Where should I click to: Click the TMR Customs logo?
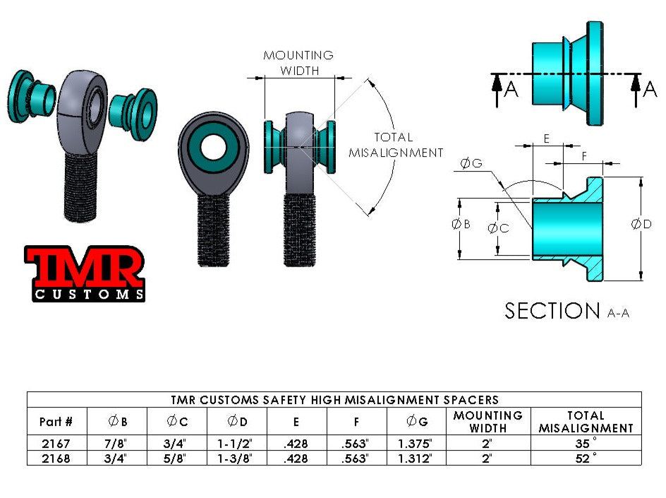coord(85,273)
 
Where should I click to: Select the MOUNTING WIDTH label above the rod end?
coord(298,63)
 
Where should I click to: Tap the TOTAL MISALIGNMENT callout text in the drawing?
coord(396,145)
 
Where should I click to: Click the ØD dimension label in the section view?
coord(641,224)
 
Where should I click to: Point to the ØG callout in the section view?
coord(471,164)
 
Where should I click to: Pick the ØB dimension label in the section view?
coord(460,224)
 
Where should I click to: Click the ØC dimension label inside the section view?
coord(498,227)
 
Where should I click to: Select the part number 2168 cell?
coord(56,458)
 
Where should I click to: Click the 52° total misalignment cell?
coord(586,458)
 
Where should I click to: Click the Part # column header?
coord(56,422)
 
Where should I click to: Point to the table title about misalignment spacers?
coord(334,400)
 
